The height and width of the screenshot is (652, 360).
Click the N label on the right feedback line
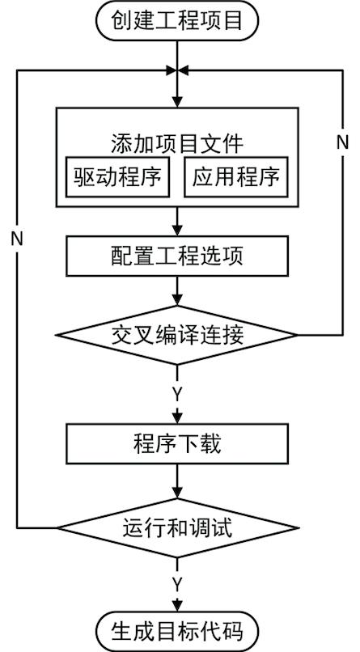click(342, 143)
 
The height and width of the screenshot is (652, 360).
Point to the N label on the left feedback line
click(17, 239)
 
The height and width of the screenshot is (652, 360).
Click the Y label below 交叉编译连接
click(177, 394)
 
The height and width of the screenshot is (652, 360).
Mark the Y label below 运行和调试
click(177, 585)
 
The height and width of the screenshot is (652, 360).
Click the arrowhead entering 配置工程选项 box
click(177, 230)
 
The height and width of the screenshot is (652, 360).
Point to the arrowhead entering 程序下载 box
click(177, 417)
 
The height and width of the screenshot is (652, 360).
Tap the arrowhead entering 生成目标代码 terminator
click(177, 605)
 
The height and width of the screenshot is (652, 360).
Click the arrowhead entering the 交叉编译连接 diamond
click(177, 300)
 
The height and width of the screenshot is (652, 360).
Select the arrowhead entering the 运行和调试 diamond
click(177, 493)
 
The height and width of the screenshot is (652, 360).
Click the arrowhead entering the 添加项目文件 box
click(177, 102)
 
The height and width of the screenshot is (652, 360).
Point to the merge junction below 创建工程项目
click(177, 70)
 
